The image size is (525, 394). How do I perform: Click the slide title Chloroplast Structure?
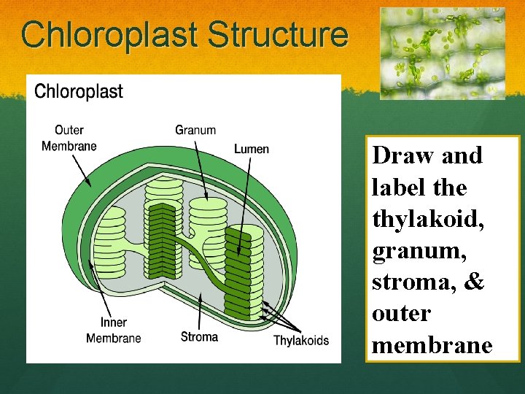[x=184, y=34]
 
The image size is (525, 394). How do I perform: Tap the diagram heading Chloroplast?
[x=79, y=92]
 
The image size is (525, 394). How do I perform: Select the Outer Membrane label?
[x=69, y=138]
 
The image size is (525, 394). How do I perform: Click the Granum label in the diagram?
[x=195, y=130]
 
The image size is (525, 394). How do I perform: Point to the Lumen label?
[x=252, y=149]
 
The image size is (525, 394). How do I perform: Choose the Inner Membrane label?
[x=114, y=330]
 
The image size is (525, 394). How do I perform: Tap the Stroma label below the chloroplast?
[x=199, y=336]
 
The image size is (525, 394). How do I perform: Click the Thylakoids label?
[x=301, y=340]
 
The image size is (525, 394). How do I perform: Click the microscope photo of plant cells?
[x=442, y=53]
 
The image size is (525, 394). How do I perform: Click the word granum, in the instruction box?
[x=413, y=250]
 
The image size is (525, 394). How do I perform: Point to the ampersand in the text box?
[x=473, y=282]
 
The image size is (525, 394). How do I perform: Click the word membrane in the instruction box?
[x=432, y=345]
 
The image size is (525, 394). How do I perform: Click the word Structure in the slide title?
[x=277, y=34]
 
